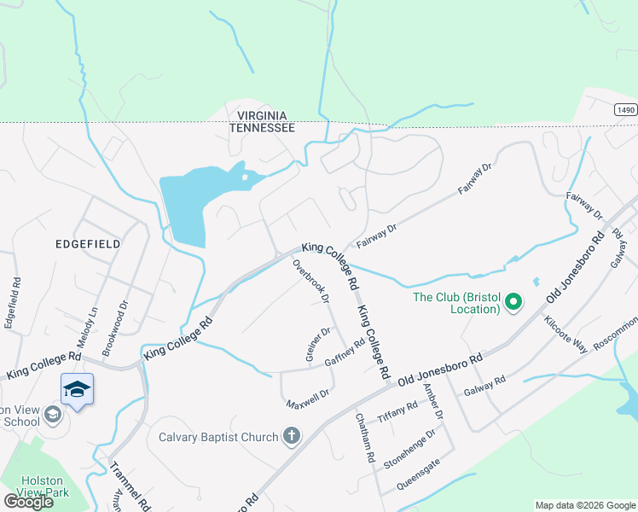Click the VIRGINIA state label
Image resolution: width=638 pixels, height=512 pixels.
pyautogui.click(x=262, y=115)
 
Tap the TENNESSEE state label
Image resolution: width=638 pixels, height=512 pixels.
pyautogui.click(x=262, y=127)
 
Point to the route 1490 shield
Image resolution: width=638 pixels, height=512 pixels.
pyautogui.click(x=625, y=110)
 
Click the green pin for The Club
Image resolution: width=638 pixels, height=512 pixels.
pyautogui.click(x=513, y=303)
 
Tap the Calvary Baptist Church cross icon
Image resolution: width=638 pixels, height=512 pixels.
pyautogui.click(x=292, y=437)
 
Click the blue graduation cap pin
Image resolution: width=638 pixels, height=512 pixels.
pyautogui.click(x=77, y=389)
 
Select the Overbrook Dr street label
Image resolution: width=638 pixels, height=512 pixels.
pyautogui.click(x=311, y=281)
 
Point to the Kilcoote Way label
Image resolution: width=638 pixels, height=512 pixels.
pyautogui.click(x=566, y=334)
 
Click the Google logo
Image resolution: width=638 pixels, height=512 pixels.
pyautogui.click(x=28, y=502)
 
